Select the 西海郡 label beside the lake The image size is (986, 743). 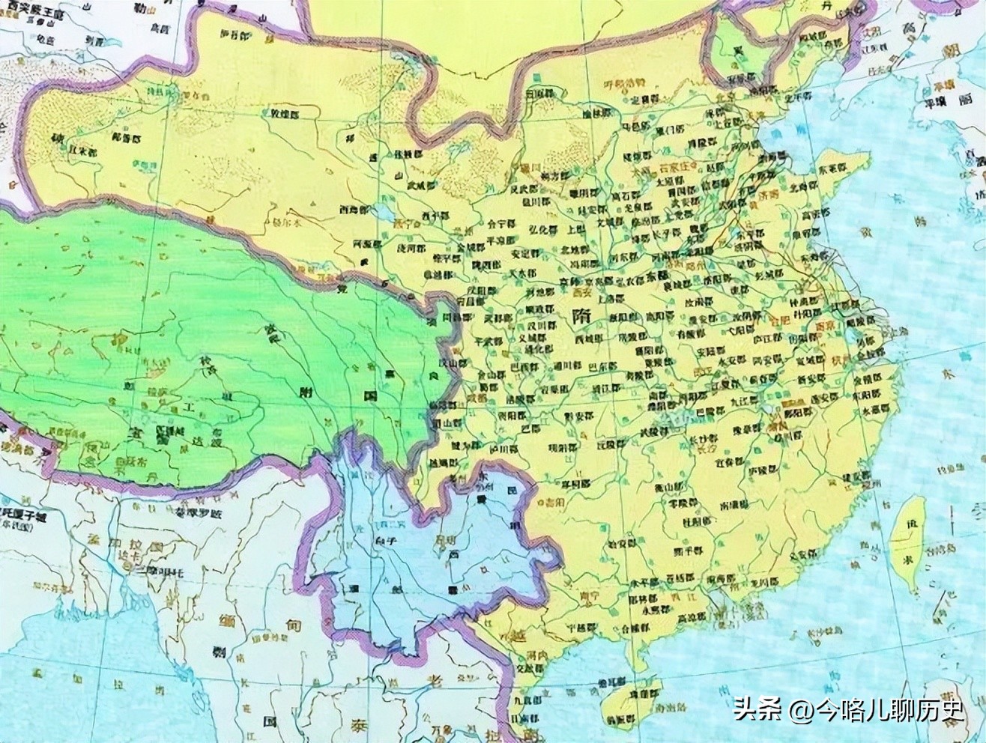[352, 210]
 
